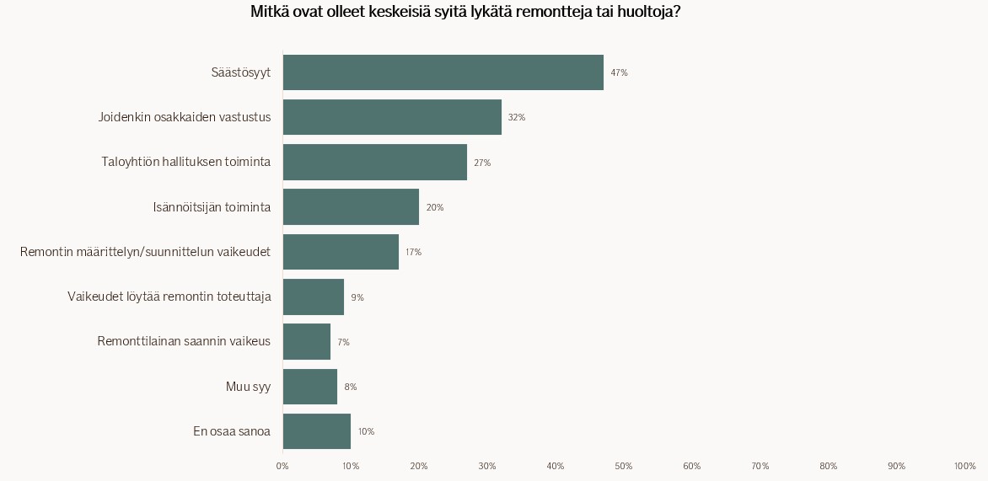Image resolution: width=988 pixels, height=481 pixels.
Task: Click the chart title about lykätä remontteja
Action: [x=465, y=13]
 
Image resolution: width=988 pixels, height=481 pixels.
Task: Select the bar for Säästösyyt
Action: [x=443, y=72]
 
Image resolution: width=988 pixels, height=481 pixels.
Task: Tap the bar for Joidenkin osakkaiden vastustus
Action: [x=392, y=117]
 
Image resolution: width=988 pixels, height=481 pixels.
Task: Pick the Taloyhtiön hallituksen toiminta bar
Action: [x=375, y=162]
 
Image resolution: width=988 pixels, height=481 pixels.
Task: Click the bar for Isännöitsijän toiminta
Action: [x=351, y=207]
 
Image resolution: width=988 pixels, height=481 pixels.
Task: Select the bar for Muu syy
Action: [x=310, y=387]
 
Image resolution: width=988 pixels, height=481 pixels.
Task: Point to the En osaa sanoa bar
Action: [x=317, y=431]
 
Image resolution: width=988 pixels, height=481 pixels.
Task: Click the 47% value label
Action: [x=619, y=73]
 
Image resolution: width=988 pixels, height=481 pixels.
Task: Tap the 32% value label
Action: [x=516, y=118]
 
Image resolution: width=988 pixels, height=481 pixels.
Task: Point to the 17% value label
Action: [x=413, y=253]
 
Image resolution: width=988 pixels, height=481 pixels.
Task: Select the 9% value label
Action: [x=357, y=297]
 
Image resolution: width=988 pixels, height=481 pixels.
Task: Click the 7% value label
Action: [x=343, y=343]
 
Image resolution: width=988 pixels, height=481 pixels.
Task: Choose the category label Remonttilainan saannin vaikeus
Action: [x=184, y=341]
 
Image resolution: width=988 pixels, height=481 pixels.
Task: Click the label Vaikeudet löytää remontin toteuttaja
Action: [x=169, y=297]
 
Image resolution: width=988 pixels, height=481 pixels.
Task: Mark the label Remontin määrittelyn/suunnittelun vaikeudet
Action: [x=145, y=252]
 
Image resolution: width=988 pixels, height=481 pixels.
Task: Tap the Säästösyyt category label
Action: [x=240, y=72]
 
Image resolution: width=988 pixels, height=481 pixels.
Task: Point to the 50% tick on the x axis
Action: [x=624, y=467]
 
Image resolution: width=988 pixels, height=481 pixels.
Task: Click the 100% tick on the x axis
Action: [x=964, y=467]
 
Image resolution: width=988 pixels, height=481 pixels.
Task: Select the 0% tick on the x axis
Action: [x=282, y=467]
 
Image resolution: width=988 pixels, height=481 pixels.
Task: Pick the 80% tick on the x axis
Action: [x=828, y=467]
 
